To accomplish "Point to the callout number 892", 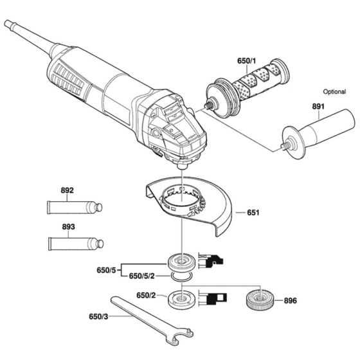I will point(67,190).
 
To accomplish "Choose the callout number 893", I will point(67,227).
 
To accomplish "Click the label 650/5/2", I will point(143,276).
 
